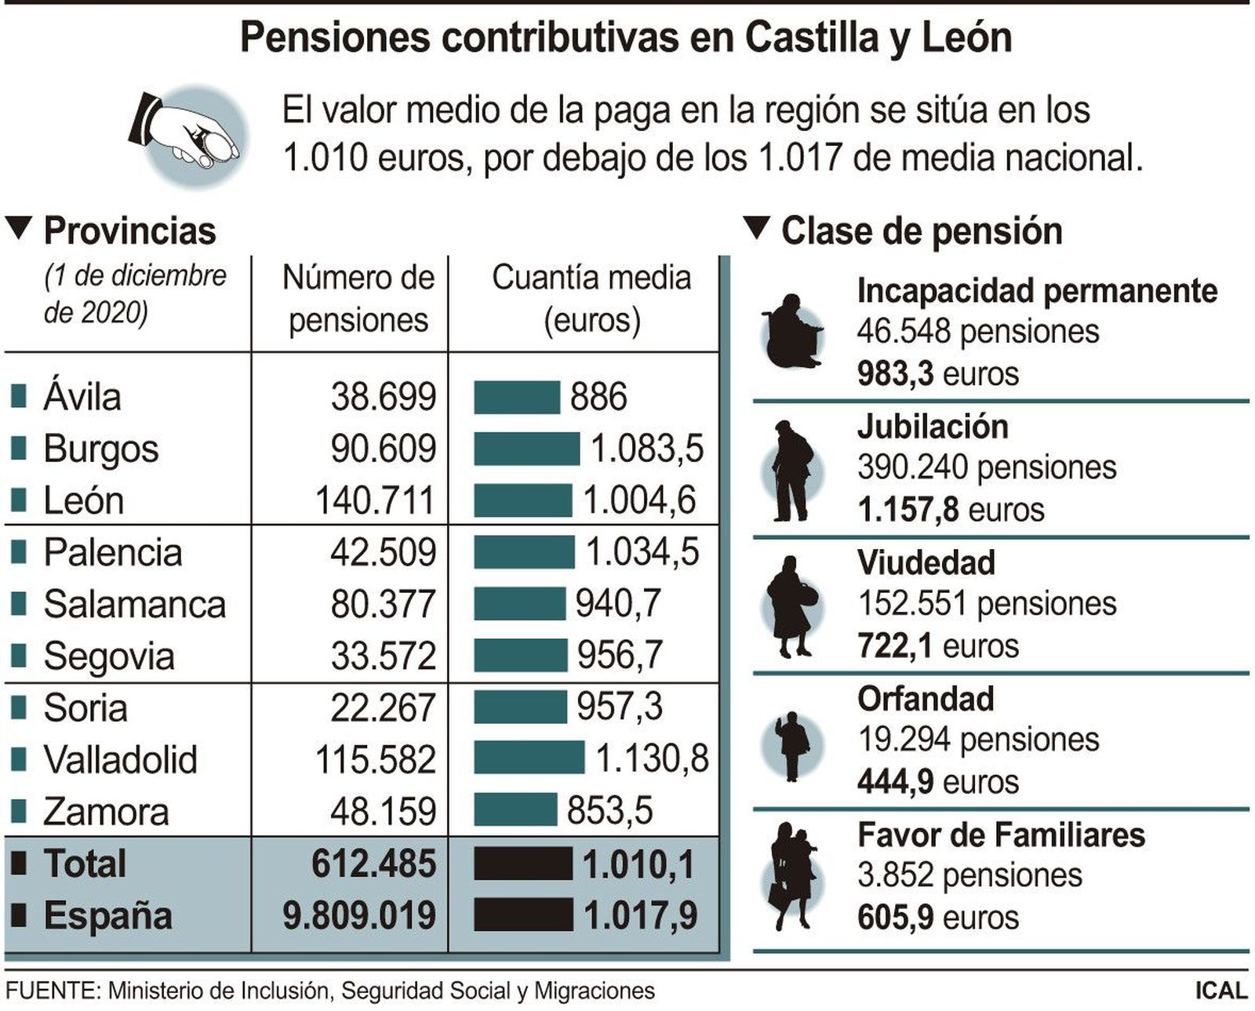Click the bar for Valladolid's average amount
pyautogui.click(x=529, y=758)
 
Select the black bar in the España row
pyautogui.click(x=523, y=915)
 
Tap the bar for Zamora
pyautogui.click(x=515, y=809)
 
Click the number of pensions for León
pyautogui.click(x=375, y=500)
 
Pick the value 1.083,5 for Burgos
pyautogui.click(x=647, y=449)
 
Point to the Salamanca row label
pyautogui.click(x=134, y=604)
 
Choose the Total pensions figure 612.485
pyautogui.click(x=373, y=863)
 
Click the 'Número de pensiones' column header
pyautogui.click(x=358, y=299)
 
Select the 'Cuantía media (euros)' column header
pyautogui.click(x=591, y=299)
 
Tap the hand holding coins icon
pyautogui.click(x=188, y=135)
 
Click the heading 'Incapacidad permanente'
pyautogui.click(x=1036, y=290)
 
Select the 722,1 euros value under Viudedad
pyautogui.click(x=937, y=646)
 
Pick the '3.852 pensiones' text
pyautogui.click(x=969, y=875)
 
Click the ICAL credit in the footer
pyautogui.click(x=1220, y=991)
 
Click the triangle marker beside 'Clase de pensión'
pyautogui.click(x=757, y=228)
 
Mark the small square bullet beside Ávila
pyautogui.click(x=19, y=395)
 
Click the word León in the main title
pyautogui.click(x=966, y=38)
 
